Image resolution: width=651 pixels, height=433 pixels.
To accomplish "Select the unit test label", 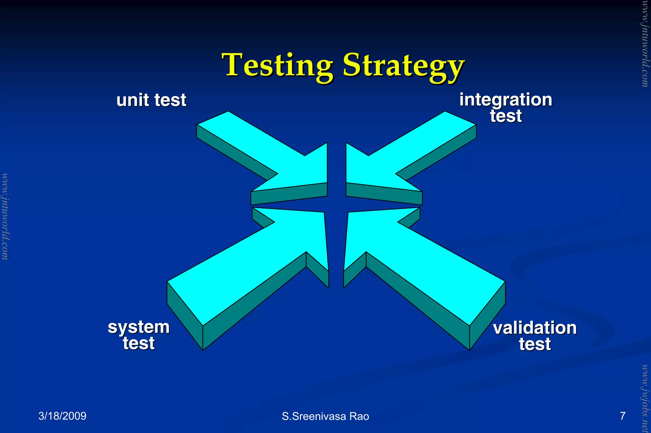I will [151, 100].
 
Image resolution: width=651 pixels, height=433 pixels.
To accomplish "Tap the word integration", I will [505, 100].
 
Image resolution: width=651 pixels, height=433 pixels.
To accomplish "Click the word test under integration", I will [505, 116].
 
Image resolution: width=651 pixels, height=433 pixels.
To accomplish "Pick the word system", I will [139, 327].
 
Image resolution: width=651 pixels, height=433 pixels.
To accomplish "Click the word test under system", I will [139, 343].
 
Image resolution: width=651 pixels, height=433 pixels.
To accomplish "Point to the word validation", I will [535, 328].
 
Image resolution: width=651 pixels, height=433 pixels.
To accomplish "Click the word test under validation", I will [535, 344].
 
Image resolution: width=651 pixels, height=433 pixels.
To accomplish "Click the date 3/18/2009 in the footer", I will [62, 416].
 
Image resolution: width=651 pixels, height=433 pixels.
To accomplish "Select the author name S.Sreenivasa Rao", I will [325, 416].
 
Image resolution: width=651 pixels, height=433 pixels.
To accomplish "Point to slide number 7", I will [622, 416].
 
